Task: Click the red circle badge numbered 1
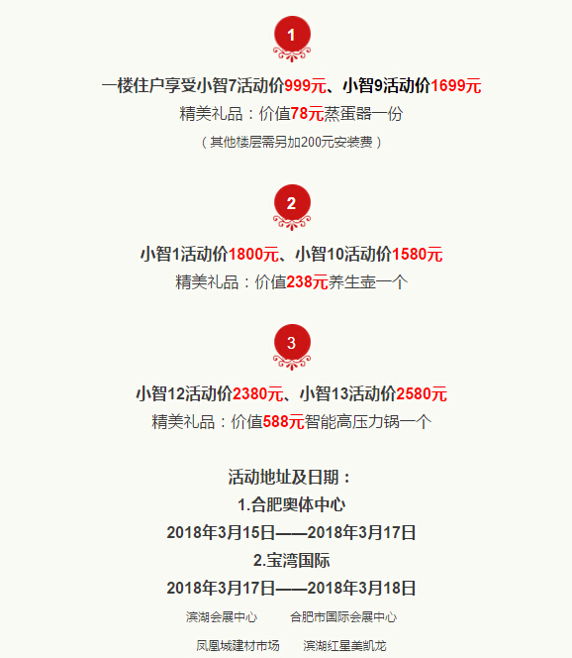292,35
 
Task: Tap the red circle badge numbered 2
292,203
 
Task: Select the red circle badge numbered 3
292,343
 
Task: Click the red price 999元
305,86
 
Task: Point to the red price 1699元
456,86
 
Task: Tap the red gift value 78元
307,114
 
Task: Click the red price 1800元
253,255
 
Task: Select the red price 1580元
417,255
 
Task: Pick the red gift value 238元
307,282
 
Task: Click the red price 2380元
257,394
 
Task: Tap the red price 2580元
422,394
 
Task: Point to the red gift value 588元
283,422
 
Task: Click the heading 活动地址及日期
289,477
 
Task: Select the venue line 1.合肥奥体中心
291,504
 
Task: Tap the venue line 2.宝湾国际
291,561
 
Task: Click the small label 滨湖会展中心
222,617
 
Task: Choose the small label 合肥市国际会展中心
343,617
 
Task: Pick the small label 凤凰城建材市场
238,646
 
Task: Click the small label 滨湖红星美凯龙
344,646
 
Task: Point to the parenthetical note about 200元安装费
291,143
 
